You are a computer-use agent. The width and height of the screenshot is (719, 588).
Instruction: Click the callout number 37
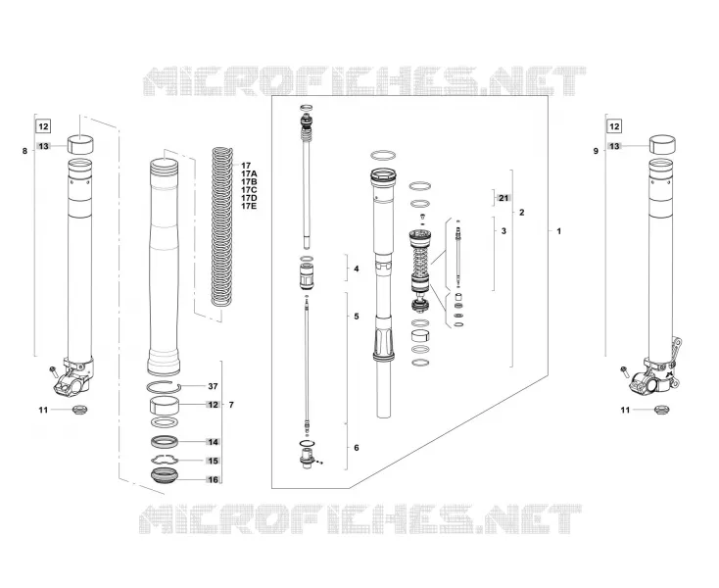tap(213, 387)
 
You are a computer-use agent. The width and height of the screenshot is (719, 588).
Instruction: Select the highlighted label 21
tap(503, 198)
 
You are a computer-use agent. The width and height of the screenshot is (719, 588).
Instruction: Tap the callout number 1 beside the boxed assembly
tap(558, 231)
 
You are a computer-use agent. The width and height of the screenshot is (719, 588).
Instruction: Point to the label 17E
tap(250, 206)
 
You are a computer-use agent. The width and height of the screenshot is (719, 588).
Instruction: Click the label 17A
tap(250, 173)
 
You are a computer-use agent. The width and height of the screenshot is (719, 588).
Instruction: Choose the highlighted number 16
tap(214, 480)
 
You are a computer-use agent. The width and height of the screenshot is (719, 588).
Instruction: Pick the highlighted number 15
tap(214, 461)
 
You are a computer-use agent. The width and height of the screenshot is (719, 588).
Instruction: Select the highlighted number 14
tap(214, 442)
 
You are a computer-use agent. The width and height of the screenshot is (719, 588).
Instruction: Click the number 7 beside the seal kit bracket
tap(231, 405)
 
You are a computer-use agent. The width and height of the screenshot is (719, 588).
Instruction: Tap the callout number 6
tap(357, 448)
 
